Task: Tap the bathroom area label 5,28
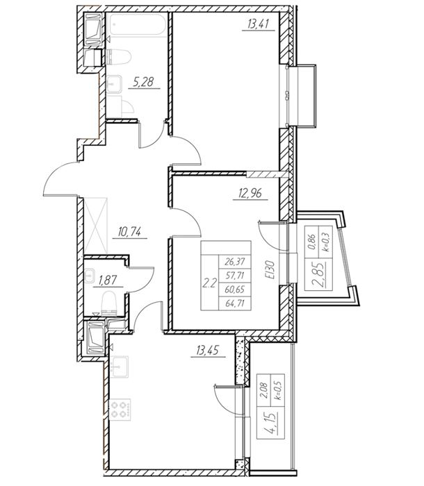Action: point(143,83)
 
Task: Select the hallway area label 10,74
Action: point(130,231)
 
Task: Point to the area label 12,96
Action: point(250,193)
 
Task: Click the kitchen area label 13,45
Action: point(207,351)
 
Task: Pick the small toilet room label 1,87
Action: point(108,280)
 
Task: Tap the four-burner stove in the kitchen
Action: point(120,410)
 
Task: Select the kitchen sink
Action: point(119,367)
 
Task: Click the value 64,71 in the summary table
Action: point(235,303)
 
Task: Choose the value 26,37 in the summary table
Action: point(235,262)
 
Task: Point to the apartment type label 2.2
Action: point(209,283)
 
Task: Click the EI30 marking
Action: point(270,270)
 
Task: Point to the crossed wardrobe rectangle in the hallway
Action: point(96,226)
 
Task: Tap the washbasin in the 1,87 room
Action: point(90,275)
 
